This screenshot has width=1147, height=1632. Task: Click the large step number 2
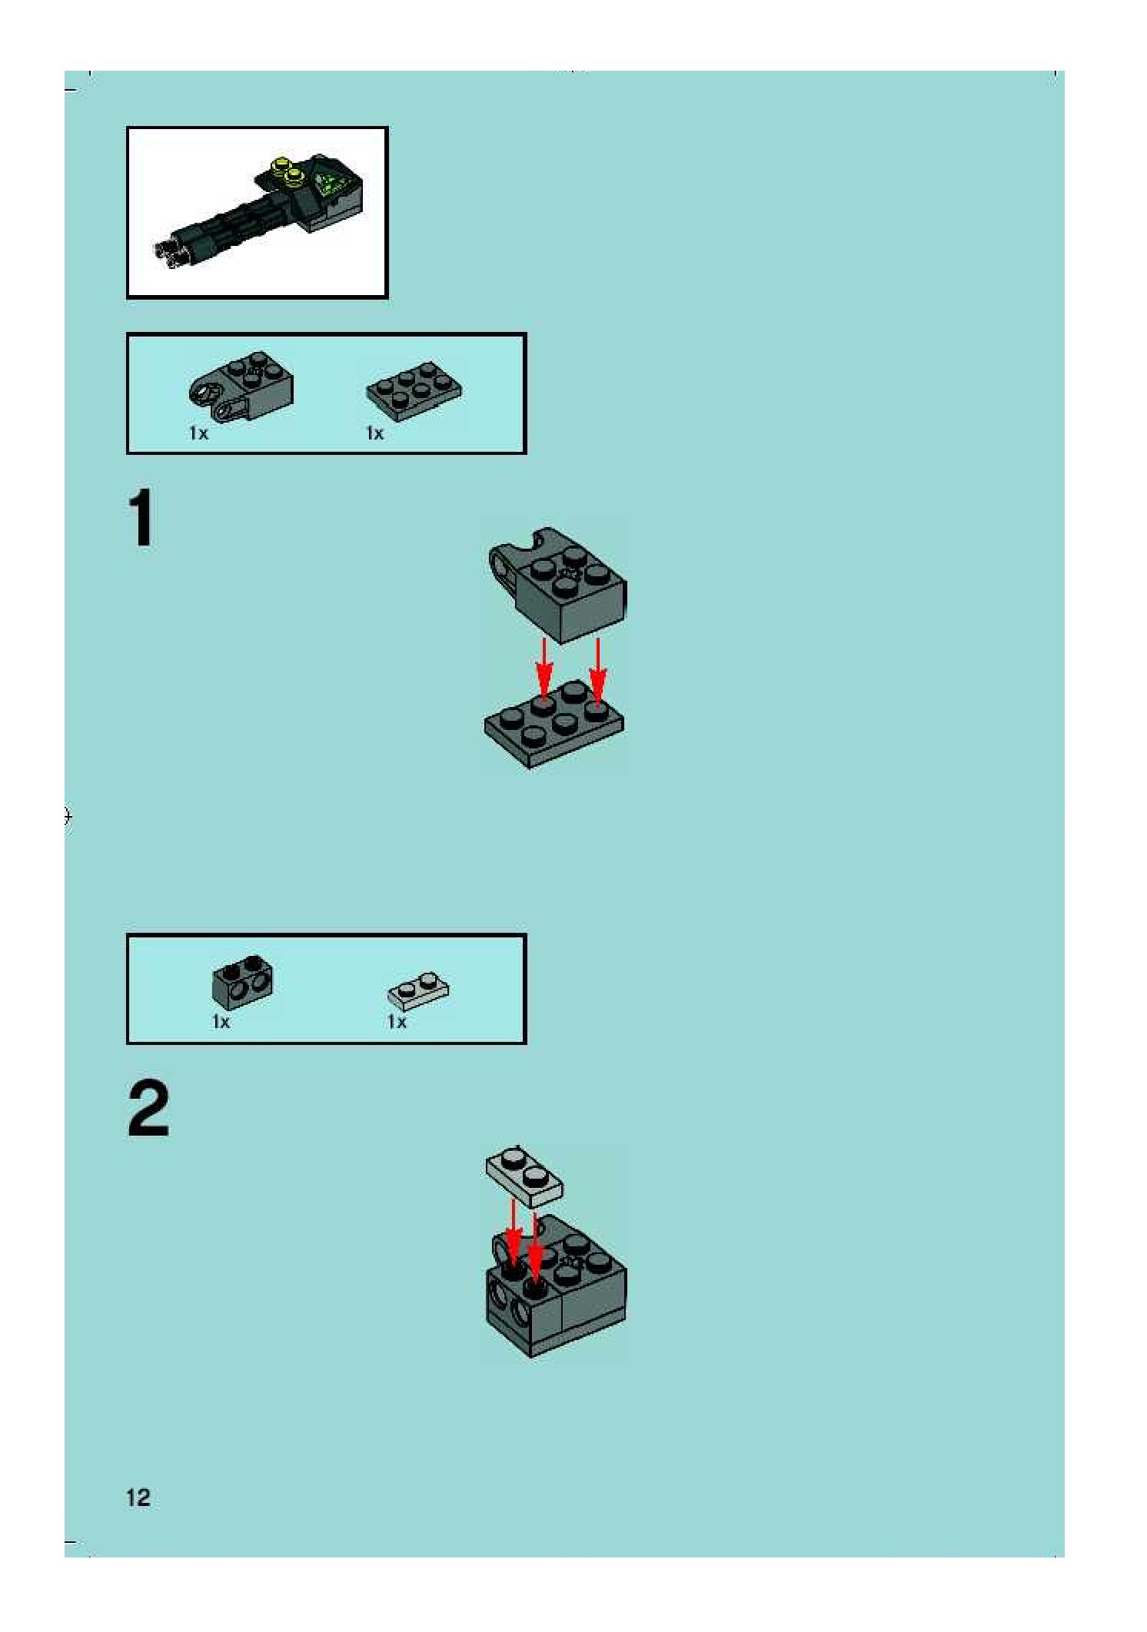[148, 1108]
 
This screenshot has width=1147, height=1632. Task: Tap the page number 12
[138, 1498]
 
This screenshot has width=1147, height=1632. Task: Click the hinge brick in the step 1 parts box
[241, 386]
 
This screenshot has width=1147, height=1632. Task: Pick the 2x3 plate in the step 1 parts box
[414, 390]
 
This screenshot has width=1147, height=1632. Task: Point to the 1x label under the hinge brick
[198, 433]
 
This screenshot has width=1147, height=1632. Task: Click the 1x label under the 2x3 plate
[374, 433]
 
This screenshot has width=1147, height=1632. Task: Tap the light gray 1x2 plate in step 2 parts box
[419, 991]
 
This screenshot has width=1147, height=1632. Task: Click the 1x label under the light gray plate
[397, 1022]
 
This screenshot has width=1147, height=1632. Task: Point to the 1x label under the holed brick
[221, 1022]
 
